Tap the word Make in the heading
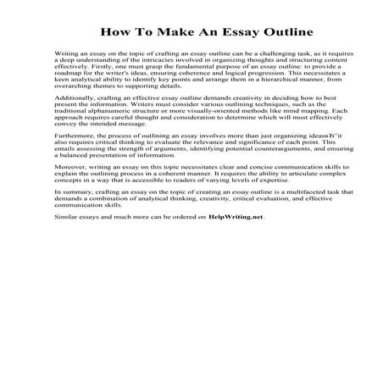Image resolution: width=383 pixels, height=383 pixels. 173,34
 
